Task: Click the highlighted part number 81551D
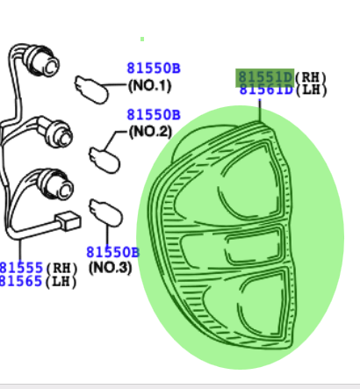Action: click(265, 77)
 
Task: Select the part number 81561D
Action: click(266, 90)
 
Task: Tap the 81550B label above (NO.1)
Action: click(154, 68)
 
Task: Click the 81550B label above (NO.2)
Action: click(154, 115)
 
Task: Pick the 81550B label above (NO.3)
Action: click(113, 252)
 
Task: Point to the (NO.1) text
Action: click(149, 86)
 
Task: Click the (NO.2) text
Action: click(150, 132)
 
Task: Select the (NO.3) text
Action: click(111, 268)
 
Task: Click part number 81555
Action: click(21, 268)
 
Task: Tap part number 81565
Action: click(21, 281)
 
